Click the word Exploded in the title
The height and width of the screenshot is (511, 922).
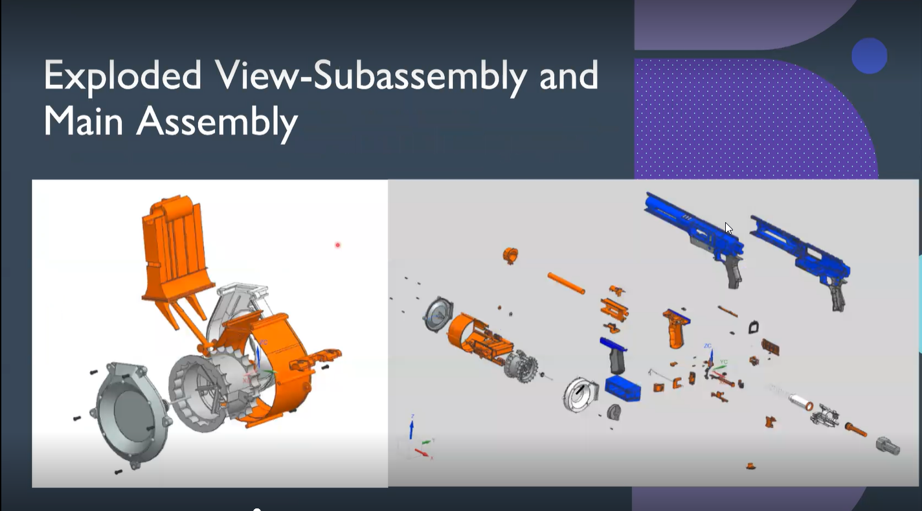coord(122,77)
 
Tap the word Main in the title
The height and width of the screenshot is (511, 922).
coord(83,120)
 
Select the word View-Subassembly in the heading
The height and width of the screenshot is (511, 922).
coord(372,77)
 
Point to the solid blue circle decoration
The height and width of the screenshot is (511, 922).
coord(869,56)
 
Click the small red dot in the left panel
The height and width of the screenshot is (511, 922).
coord(337,245)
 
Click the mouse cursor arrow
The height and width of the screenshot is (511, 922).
coord(728,228)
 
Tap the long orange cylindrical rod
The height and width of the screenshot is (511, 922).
coord(566,283)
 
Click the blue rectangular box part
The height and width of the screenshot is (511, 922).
coord(623,388)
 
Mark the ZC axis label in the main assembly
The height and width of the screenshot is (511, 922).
coord(708,346)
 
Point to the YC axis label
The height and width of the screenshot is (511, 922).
coord(724,362)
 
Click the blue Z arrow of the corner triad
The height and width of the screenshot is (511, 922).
coord(411,428)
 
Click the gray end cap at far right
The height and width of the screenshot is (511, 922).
coord(888,446)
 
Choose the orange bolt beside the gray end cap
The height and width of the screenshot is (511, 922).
coord(855,429)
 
